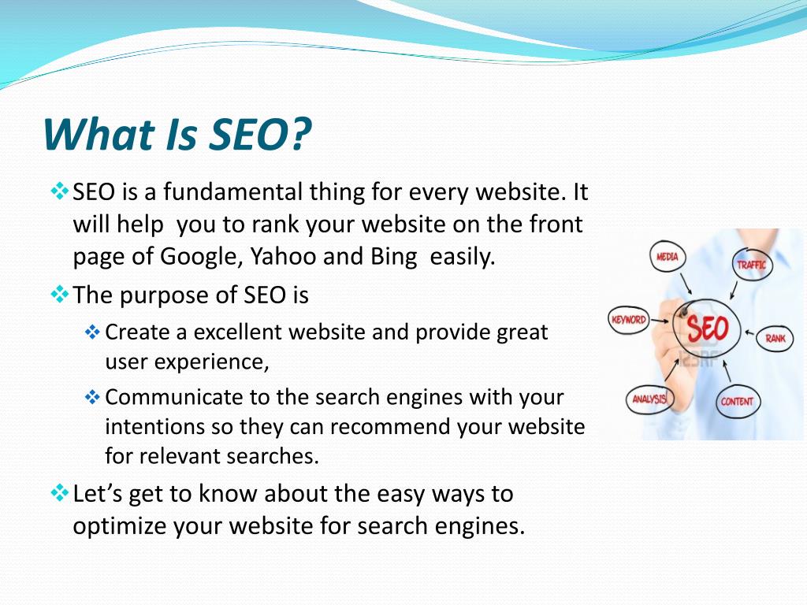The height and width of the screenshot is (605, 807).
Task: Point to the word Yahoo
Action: [x=283, y=256]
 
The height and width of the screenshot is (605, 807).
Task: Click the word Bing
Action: [x=394, y=257]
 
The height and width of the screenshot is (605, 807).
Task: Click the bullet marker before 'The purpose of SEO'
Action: [x=60, y=295]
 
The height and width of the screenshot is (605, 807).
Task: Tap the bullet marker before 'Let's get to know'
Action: [x=60, y=493]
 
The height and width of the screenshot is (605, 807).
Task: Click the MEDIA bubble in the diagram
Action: [x=668, y=256]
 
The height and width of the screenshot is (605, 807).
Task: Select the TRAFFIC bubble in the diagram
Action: [x=751, y=265]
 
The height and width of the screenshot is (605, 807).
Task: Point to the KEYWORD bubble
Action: [x=628, y=320]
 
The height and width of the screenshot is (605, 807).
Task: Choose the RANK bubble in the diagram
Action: [x=775, y=338]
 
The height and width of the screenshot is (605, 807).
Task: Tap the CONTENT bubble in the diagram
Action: [x=737, y=401]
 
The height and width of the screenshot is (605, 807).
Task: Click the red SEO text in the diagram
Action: [x=708, y=328]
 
